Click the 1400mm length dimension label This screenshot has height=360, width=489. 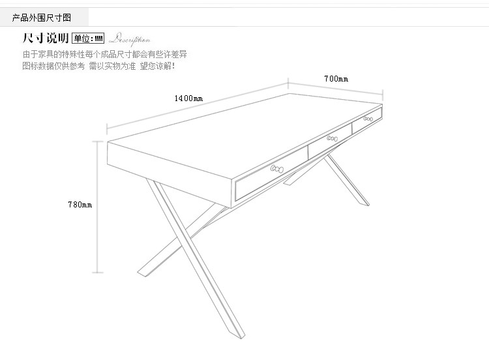pyautogui.click(x=188, y=98)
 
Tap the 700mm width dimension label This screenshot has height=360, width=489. pyautogui.click(x=336, y=79)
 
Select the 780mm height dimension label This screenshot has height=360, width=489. pyautogui.click(x=80, y=205)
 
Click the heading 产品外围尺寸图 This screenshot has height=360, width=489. pyautogui.click(x=42, y=17)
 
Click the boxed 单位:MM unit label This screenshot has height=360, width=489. pyautogui.click(x=88, y=38)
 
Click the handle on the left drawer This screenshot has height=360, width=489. pyautogui.click(x=276, y=168)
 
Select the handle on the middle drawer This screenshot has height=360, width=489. pyautogui.click(x=333, y=138)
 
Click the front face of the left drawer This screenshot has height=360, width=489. pyautogui.click(x=271, y=173)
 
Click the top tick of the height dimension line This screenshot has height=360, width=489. pyautogui.click(x=98, y=141)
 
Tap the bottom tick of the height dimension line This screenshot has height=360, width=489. pyautogui.click(x=98, y=273)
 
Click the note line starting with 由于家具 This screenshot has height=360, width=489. pyautogui.click(x=105, y=54)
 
